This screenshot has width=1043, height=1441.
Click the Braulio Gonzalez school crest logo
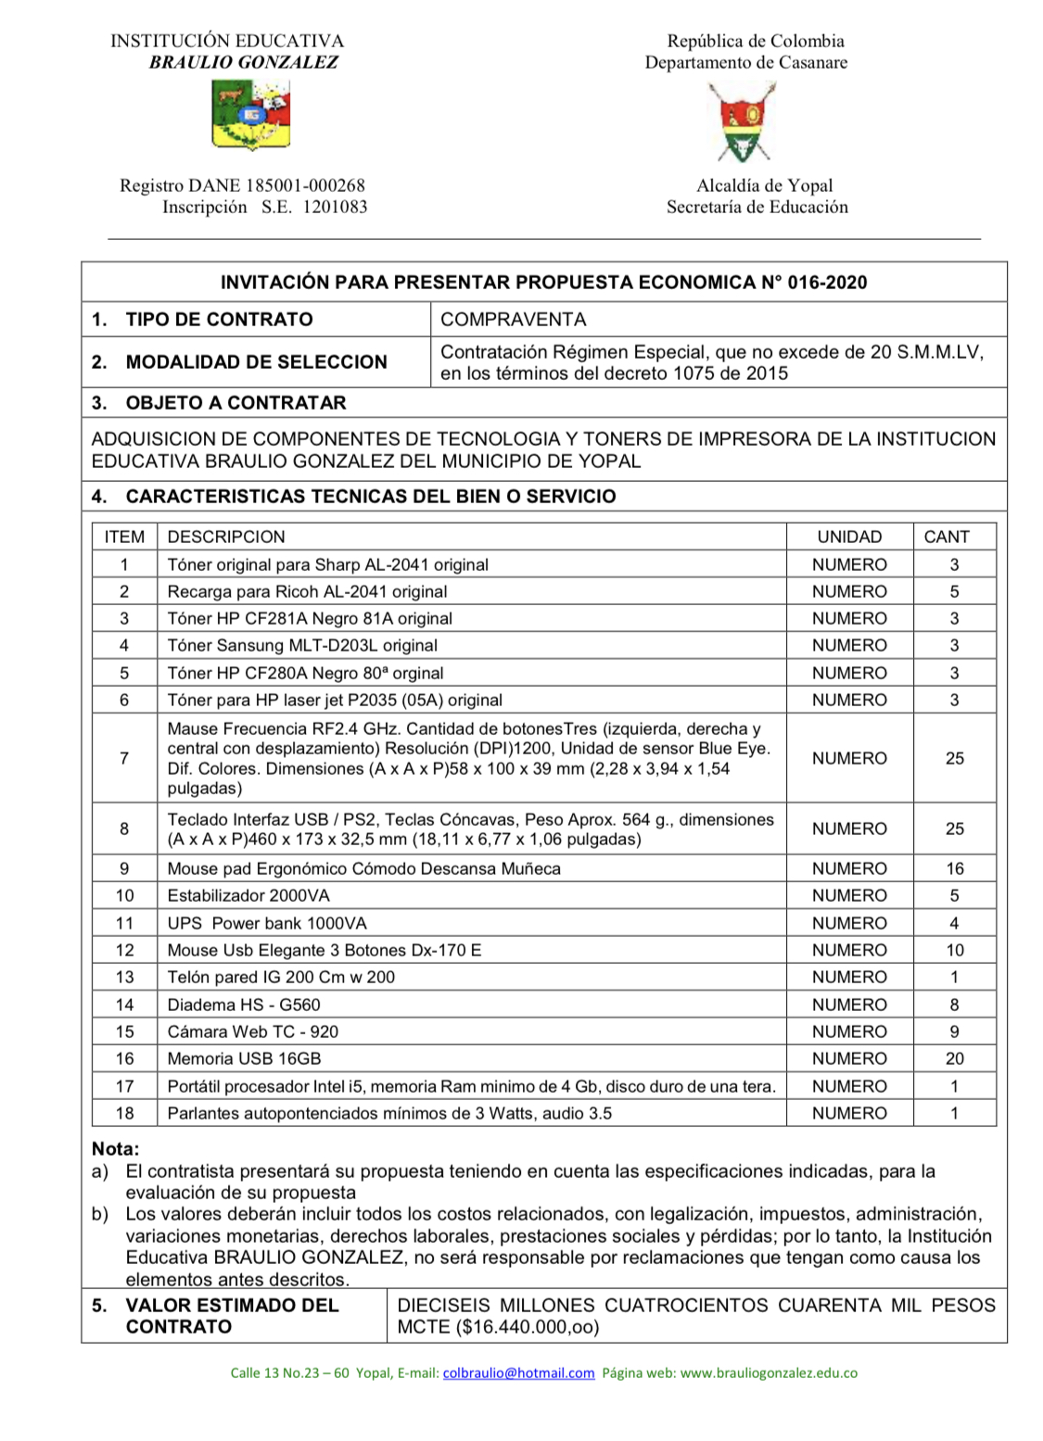pyautogui.click(x=251, y=115)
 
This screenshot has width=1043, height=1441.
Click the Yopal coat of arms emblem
pyautogui.click(x=742, y=121)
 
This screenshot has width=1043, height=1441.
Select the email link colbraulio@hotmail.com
pyautogui.click(x=518, y=1373)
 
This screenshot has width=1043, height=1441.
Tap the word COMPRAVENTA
pyautogui.click(x=514, y=320)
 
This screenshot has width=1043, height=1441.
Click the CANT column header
pyautogui.click(x=947, y=537)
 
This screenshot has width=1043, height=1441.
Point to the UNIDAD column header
pyautogui.click(x=849, y=537)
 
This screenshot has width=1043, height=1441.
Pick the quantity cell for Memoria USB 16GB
pyautogui.click(x=954, y=1058)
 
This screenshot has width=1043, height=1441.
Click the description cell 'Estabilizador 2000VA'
pyautogui.click(x=248, y=895)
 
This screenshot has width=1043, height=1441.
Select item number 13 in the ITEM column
pyautogui.click(x=124, y=977)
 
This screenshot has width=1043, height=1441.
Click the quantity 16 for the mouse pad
pyautogui.click(x=954, y=868)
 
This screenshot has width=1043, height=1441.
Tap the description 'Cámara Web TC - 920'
pyautogui.click(x=253, y=1031)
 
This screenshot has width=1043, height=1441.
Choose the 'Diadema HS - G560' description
pyautogui.click(x=244, y=1005)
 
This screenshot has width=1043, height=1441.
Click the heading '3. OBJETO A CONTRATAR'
pyautogui.click(x=219, y=403)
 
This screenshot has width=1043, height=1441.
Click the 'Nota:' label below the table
pyautogui.click(x=115, y=1149)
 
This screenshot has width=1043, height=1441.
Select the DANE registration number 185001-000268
pyautogui.click(x=305, y=185)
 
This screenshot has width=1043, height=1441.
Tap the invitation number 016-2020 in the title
pyautogui.click(x=827, y=283)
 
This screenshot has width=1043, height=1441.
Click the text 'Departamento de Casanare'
pyautogui.click(x=746, y=62)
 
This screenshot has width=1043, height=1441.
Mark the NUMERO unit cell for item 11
pyautogui.click(x=849, y=923)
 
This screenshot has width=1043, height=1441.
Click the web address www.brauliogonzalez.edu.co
pyautogui.click(x=769, y=1373)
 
